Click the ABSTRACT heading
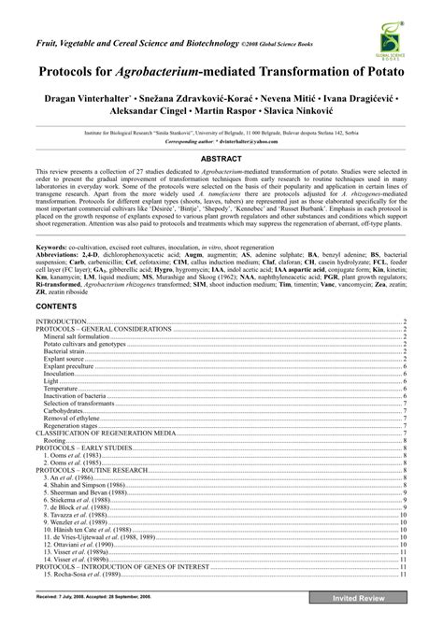(221, 160)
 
